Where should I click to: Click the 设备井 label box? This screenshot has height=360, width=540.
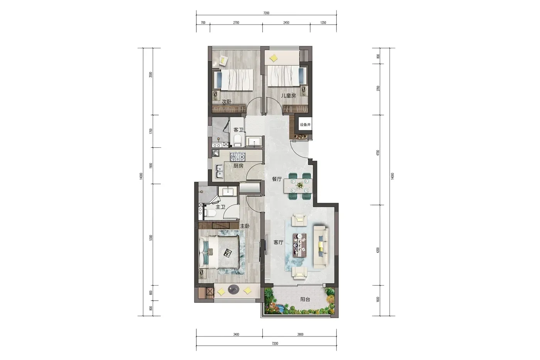tap(305, 125)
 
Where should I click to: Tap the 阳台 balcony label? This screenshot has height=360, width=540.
tap(305, 299)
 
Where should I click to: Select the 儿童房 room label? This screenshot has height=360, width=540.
tap(289, 95)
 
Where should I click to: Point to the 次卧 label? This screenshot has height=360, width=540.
tap(226, 101)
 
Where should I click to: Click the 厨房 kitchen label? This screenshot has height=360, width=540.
tap(238, 166)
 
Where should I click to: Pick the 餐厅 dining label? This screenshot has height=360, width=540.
tap(277, 179)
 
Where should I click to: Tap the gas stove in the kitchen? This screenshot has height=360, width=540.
tap(238, 157)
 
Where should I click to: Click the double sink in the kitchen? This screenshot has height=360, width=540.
tap(51, 171)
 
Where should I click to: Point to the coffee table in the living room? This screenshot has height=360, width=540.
tap(300, 245)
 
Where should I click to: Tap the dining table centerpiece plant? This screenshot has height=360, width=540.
tap(300, 185)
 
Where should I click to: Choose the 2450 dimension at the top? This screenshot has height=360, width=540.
tap(286, 23)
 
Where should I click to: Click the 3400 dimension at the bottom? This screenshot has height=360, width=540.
tap(236, 335)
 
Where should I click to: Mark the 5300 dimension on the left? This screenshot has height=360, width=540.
tap(151, 238)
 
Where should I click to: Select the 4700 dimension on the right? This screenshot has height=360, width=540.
tap(378, 153)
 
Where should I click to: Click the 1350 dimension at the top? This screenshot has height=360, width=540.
tap(323, 23)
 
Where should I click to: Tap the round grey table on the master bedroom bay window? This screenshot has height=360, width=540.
tap(233, 289)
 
